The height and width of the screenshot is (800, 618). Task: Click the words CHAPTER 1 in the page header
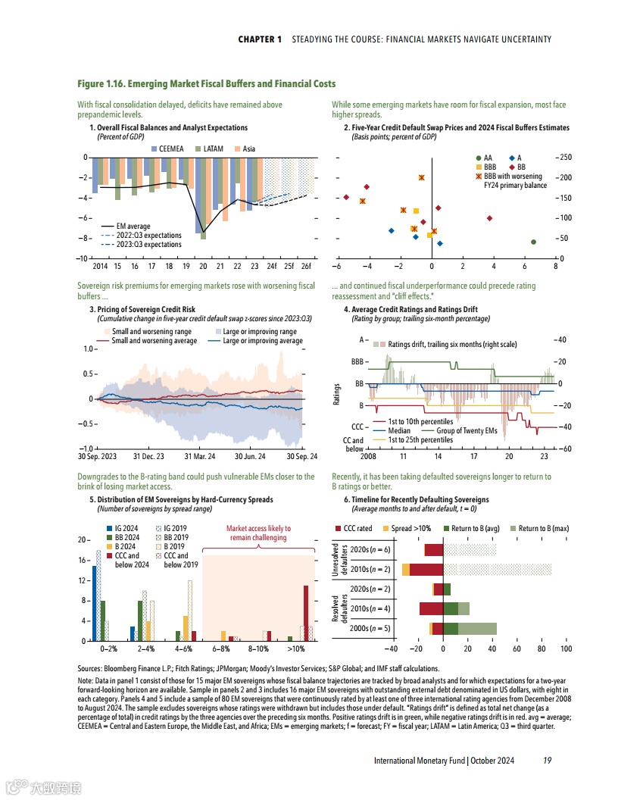[260, 39]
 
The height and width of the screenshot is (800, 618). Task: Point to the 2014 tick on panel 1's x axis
[100, 267]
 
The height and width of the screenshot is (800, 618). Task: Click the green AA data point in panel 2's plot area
[534, 242]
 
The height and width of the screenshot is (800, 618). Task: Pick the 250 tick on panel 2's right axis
[564, 158]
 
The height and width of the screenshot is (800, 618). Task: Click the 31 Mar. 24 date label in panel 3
[200, 457]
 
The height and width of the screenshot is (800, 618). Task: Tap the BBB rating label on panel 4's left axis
[358, 362]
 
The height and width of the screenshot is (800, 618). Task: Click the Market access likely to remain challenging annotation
[257, 533]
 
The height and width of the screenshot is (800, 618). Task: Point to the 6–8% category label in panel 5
[221, 649]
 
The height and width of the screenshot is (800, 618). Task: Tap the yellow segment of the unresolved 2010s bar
[406, 569]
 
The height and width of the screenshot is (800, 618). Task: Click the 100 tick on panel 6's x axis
[566, 649]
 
